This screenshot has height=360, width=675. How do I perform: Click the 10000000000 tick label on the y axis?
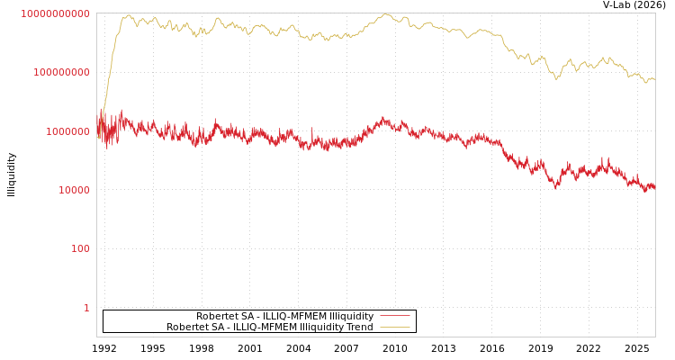click(56, 13)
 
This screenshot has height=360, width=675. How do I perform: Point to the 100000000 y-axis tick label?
click(62, 72)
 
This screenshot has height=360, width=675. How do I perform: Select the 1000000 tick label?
click(68, 131)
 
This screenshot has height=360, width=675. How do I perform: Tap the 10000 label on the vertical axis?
click(75, 190)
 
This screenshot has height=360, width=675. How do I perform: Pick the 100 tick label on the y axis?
click(81, 248)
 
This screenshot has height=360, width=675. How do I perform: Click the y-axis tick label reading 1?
click(86, 308)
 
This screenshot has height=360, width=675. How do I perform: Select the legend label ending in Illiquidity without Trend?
click(284, 317)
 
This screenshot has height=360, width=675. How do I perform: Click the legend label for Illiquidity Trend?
click(269, 328)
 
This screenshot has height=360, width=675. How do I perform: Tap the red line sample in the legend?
click(394, 317)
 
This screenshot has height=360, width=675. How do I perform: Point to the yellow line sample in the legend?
click(394, 328)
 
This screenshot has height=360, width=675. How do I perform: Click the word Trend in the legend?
click(358, 328)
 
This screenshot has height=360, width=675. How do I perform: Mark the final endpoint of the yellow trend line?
click(654, 79)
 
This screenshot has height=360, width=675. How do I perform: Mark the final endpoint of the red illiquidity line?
click(654, 186)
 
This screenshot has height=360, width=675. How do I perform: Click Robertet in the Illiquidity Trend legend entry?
click(188, 328)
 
